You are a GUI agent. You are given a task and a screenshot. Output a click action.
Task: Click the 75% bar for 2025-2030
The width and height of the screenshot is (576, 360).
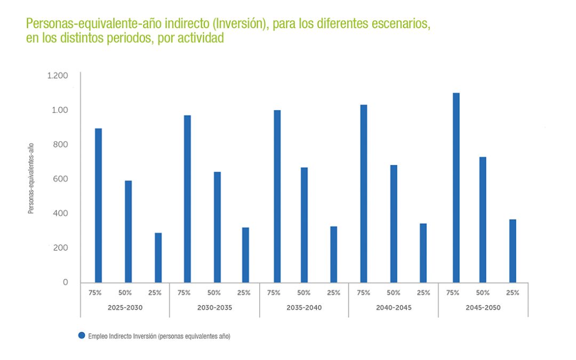point(98,205)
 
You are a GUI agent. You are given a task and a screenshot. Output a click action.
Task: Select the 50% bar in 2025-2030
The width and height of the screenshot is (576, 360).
point(128,231)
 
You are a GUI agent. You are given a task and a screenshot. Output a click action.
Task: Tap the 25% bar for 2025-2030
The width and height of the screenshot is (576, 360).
point(158,258)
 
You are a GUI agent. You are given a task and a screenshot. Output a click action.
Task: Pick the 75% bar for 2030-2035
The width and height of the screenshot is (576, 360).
point(187,199)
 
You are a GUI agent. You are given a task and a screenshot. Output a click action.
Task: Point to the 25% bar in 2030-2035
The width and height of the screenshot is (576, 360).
point(245,255)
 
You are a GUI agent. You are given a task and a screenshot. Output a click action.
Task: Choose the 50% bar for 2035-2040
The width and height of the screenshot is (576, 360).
point(304,225)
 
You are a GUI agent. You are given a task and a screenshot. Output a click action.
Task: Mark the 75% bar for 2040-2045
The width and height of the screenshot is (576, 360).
point(364,194)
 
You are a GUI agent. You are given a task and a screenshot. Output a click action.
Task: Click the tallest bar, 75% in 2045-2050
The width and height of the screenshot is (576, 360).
point(456,188)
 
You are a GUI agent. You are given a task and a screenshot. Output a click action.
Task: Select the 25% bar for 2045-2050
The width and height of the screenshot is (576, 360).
point(513,251)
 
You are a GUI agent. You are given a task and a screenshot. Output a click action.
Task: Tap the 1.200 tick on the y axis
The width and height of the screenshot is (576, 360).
point(58,76)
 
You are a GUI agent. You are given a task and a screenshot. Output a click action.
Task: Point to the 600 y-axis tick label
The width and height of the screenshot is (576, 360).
point(61,179)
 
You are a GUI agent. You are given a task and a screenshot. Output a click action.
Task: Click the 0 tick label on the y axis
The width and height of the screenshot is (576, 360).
point(66,282)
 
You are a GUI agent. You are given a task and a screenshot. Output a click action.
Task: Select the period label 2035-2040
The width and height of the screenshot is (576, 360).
point(304,308)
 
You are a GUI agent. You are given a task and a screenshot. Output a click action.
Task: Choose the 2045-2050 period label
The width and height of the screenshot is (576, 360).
point(483,308)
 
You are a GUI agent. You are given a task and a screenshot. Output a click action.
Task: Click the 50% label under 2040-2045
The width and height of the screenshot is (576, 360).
point(394,292)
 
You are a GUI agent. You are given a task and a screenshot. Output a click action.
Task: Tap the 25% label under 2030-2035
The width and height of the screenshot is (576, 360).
point(244,292)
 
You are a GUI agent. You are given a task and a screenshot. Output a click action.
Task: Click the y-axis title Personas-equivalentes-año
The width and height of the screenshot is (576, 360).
point(31,179)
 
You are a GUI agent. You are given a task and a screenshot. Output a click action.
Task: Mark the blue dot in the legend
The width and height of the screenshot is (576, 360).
point(82,335)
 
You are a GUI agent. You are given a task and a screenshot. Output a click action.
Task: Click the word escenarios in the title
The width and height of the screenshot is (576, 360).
point(397,24)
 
